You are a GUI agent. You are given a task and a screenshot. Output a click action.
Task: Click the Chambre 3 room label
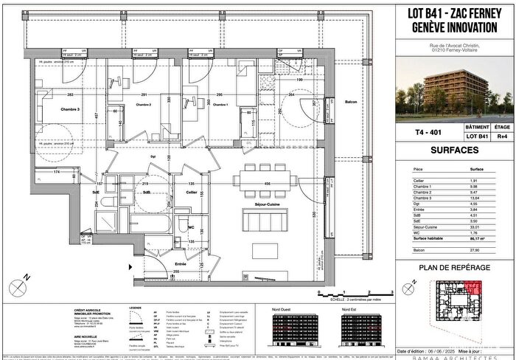coord(49,109)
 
